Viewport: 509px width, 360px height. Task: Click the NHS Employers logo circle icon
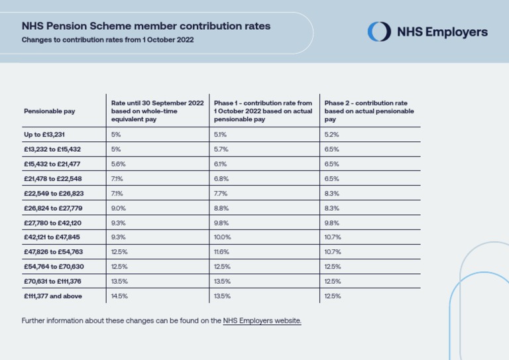tap(380, 32)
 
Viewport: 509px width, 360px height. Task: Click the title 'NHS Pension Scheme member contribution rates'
tap(146, 27)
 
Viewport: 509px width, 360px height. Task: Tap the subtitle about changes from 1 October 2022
tap(107, 40)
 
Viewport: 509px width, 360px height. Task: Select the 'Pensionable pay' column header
tap(50, 111)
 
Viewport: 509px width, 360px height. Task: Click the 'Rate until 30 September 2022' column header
tap(157, 111)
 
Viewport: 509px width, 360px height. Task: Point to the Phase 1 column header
tap(262, 111)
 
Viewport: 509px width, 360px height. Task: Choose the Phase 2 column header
tap(369, 111)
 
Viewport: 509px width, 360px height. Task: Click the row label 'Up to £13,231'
tap(44, 135)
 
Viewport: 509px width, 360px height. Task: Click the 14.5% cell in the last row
tap(120, 296)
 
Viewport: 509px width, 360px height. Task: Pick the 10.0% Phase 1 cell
tap(223, 237)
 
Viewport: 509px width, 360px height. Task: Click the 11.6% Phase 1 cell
tap(221, 252)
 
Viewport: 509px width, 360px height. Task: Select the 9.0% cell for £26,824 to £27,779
tap(119, 208)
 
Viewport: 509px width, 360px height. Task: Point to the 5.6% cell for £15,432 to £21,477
tap(119, 164)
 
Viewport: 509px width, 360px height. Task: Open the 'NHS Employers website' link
tap(262, 321)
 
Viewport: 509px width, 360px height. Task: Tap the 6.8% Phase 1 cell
tap(221, 178)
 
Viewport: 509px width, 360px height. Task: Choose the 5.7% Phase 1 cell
tap(221, 149)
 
